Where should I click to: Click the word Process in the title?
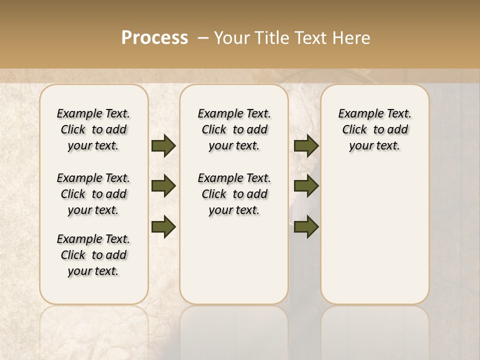point(154,38)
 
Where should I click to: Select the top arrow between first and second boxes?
point(163,145)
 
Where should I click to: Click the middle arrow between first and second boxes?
point(163,186)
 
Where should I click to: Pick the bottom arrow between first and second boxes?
point(163,227)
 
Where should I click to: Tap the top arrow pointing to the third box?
point(306,145)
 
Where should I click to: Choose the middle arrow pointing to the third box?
point(306,186)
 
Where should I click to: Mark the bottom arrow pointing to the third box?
point(306,227)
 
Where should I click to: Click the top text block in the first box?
point(93,129)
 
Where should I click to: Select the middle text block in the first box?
point(93,194)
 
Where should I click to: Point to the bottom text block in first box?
point(93,255)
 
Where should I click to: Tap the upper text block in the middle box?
point(234,129)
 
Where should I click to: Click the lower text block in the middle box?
point(234,194)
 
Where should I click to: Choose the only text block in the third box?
point(374,129)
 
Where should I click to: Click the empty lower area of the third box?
point(374,235)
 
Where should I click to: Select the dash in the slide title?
point(203,38)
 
